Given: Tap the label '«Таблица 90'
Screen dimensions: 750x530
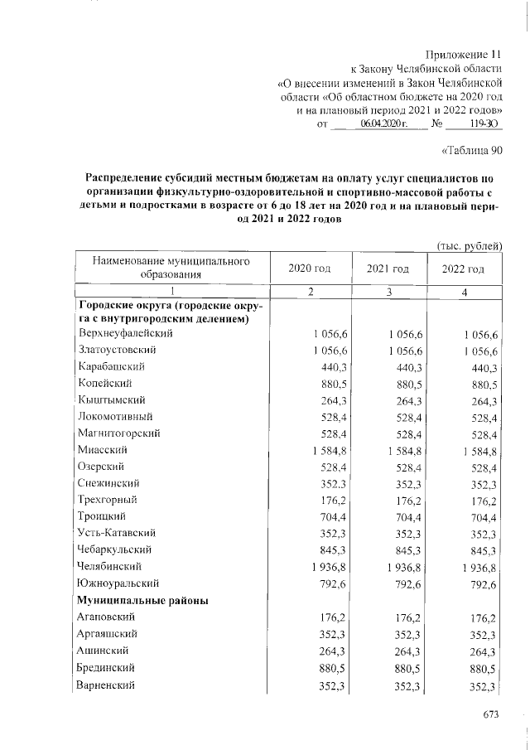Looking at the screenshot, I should click(x=470, y=150).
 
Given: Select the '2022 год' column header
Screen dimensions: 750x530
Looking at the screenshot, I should click(x=464, y=269).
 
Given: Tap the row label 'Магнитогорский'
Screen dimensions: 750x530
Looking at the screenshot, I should click(x=118, y=433).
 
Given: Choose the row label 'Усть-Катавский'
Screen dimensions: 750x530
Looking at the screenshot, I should click(x=117, y=534).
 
